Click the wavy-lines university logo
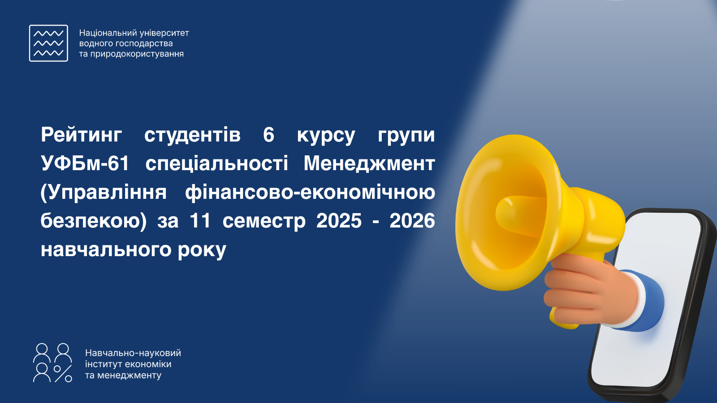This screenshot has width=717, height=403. click(48, 43)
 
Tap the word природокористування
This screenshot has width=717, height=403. click(137, 54)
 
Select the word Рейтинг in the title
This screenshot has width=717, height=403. click(81, 135)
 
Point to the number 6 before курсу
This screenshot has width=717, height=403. click(268, 135)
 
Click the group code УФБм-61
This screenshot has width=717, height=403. click(85, 163)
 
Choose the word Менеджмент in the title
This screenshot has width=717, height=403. click(369, 164)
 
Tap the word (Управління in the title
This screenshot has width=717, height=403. click(104, 193)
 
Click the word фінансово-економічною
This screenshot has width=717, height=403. click(310, 193)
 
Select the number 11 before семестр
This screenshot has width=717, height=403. click(200, 221)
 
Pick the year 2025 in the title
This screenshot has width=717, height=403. click(339, 221)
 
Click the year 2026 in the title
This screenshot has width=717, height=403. click(412, 221)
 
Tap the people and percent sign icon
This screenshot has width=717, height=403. click(52, 363)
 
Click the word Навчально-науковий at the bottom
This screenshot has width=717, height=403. click(133, 353)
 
